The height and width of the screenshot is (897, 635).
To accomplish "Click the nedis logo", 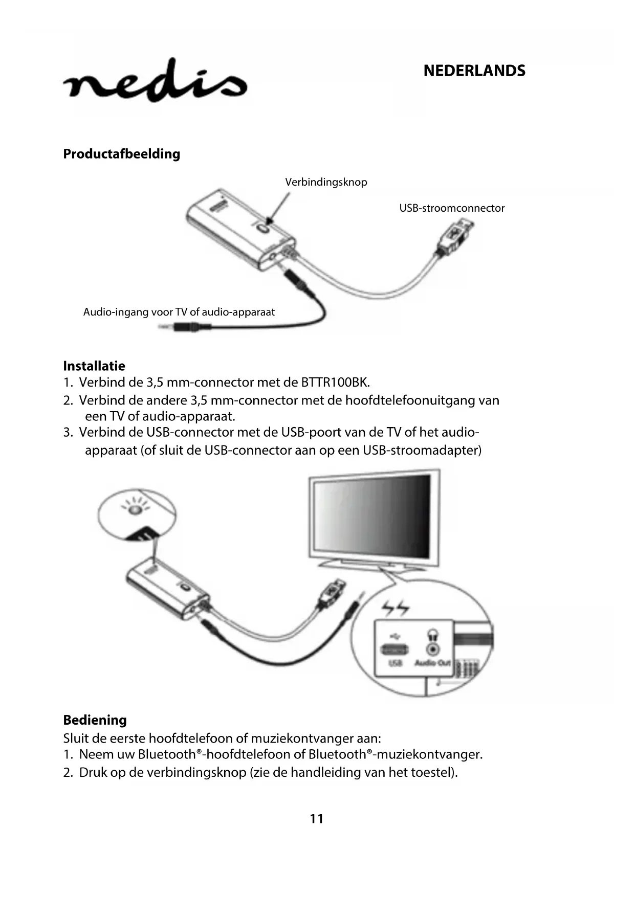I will (155, 82).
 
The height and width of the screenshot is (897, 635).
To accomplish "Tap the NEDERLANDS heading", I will (474, 71).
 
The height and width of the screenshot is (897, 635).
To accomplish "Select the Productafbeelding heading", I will (121, 154).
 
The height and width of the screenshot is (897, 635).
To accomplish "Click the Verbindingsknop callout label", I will (326, 182).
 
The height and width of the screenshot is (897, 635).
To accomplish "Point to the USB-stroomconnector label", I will (452, 208).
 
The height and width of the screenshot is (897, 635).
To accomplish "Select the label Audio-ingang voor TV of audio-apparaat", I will (179, 312).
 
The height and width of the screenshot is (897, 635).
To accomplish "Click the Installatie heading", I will (94, 366).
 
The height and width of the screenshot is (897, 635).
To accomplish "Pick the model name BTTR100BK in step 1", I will (334, 383).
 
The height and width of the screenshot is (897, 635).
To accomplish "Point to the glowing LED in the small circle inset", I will (135, 509).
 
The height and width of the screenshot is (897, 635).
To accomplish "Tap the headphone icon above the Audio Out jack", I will (433, 635).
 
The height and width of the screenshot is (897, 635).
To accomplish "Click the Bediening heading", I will (95, 720).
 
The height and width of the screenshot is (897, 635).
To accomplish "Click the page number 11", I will (317, 819).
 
